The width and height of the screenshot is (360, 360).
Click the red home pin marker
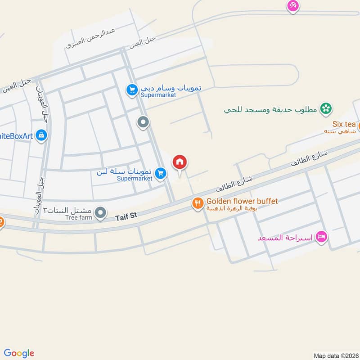pos(180,162)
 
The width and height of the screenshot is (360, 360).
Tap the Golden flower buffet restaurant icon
pos(198,204)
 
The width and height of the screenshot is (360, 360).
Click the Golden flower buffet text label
pos(242,201)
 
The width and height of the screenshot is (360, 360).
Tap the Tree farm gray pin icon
pos(102,211)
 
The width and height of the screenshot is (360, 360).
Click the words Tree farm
pos(79,217)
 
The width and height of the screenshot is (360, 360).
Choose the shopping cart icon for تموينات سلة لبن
pos(160,173)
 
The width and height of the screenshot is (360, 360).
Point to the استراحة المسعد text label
pos(285,237)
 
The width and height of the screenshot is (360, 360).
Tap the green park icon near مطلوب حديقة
pos(325,108)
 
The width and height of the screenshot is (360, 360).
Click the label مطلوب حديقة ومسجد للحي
pos(271,109)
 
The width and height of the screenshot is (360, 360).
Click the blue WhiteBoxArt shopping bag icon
pos(41,135)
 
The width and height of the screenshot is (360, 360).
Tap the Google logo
pos(19,353)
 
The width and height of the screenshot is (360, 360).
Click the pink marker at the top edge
pos(293,5)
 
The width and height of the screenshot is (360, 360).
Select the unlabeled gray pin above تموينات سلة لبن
pos(143,122)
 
